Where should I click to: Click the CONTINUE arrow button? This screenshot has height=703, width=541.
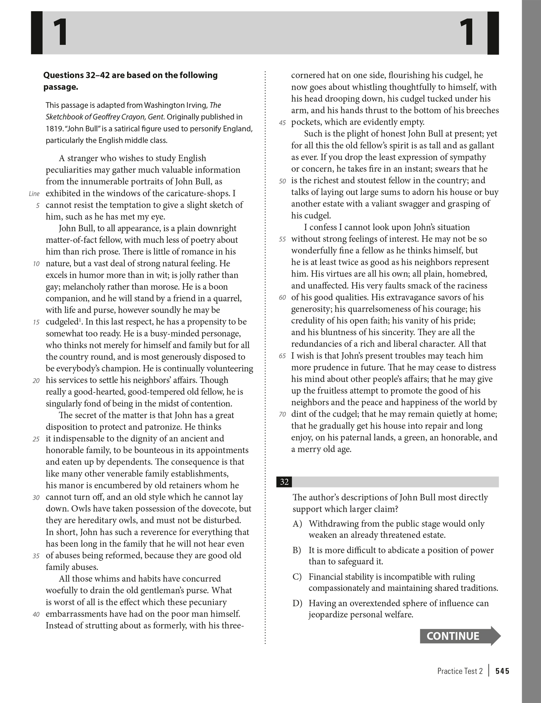[x=460, y=636]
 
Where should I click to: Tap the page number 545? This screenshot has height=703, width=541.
[x=502, y=671]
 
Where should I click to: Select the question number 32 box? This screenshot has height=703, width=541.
[x=284, y=482]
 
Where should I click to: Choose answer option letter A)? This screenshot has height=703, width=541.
[x=297, y=524]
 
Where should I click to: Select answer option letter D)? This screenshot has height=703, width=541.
[x=297, y=603]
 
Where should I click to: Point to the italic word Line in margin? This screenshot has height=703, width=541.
[x=34, y=194]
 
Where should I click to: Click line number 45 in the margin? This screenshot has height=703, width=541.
[x=282, y=123]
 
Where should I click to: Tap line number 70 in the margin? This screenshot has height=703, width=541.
[x=282, y=415]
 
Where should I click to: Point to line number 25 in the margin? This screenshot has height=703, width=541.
[x=36, y=439]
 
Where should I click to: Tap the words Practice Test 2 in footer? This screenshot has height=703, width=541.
[x=460, y=671]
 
